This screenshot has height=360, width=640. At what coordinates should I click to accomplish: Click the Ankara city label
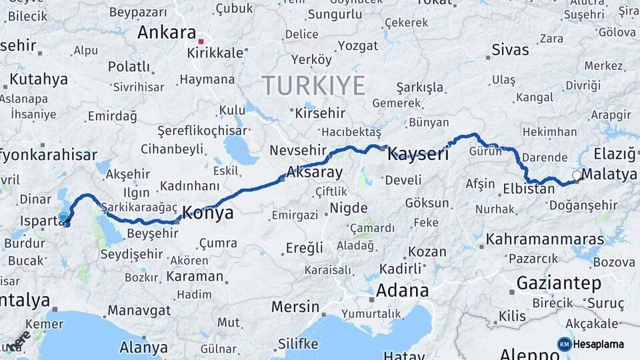[x=167, y=32]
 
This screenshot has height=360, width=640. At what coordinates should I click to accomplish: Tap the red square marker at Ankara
[x=201, y=41]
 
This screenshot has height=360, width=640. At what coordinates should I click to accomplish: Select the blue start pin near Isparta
[x=63, y=217]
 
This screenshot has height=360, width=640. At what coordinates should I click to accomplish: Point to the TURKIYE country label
[x=313, y=85]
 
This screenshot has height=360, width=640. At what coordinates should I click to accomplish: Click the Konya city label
[x=207, y=213]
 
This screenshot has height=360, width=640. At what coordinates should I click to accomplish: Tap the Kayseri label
[x=418, y=154]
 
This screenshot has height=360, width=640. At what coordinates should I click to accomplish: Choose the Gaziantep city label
[x=559, y=283]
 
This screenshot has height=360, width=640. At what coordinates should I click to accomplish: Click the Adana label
[x=402, y=291]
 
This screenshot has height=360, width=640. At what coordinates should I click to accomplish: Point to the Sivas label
[x=510, y=49]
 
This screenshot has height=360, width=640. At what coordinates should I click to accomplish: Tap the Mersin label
[x=295, y=307]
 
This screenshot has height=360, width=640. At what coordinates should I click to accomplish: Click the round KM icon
[x=565, y=344]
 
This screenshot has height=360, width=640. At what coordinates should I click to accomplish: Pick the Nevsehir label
[x=296, y=151]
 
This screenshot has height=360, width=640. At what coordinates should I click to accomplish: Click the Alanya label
[x=143, y=347]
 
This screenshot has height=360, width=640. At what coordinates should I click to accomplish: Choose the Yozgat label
[x=358, y=46]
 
